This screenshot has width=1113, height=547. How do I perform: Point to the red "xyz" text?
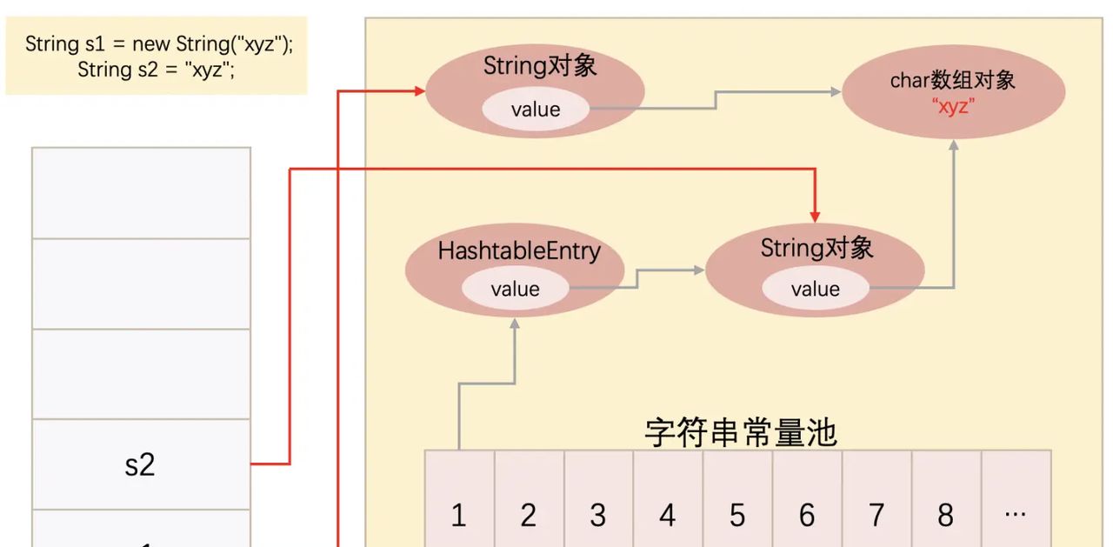click(x=953, y=107)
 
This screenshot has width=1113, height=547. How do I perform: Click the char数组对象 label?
click(x=953, y=80)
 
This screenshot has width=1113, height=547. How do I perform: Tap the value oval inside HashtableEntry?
click(x=515, y=289)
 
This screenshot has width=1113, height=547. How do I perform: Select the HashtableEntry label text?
click(x=519, y=251)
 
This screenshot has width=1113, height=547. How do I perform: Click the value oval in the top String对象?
click(x=536, y=109)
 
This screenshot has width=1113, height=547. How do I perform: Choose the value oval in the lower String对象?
click(x=815, y=289)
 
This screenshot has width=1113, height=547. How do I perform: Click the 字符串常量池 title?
click(x=741, y=431)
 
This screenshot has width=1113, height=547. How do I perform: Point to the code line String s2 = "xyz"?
click(x=157, y=70)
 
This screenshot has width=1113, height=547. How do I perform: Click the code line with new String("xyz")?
click(x=159, y=43)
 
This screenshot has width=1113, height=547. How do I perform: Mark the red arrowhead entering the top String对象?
click(x=419, y=90)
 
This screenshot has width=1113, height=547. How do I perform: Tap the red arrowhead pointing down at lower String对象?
click(x=815, y=214)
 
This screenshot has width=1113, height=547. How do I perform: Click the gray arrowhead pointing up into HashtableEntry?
click(x=515, y=324)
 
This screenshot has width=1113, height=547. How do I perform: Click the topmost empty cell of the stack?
click(x=141, y=192)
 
